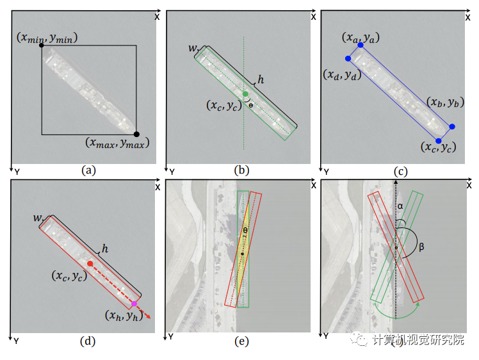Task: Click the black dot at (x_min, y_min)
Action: [42, 45]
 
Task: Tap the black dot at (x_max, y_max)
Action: [136, 134]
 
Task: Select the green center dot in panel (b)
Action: [245, 94]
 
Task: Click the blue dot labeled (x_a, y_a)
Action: [361, 45]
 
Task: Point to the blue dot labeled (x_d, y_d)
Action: [348, 58]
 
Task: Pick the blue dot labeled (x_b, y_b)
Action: [452, 127]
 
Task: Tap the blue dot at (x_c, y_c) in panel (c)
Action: [439, 140]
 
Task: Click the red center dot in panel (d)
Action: [90, 264]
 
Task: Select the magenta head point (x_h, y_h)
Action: [134, 304]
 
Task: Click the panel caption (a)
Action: [88, 170]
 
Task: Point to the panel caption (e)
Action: [241, 341]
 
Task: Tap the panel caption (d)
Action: [88, 341]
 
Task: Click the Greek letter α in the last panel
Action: [400, 206]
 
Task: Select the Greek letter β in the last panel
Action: [421, 245]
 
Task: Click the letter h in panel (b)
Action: [261, 80]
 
